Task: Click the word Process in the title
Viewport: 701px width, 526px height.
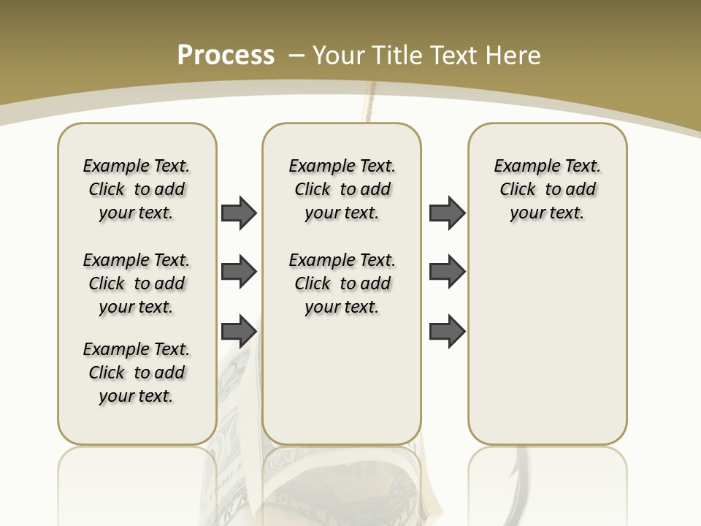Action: [226, 55]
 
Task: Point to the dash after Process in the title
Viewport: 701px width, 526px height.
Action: [296, 56]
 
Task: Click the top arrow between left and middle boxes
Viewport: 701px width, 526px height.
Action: [239, 213]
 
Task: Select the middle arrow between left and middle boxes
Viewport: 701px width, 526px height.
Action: [239, 272]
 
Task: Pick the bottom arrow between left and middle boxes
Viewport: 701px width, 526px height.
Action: [239, 331]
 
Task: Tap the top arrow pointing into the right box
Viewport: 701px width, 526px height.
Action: [447, 213]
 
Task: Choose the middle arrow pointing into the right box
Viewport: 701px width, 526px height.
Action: [447, 272]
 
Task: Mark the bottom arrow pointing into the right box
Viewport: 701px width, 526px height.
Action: [447, 331]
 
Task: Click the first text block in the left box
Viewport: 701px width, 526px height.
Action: [137, 189]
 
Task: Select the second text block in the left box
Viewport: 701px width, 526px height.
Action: [137, 283]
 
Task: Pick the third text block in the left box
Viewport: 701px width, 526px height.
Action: [137, 373]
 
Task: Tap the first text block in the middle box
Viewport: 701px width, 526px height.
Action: [342, 189]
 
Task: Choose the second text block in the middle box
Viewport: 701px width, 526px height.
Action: [342, 283]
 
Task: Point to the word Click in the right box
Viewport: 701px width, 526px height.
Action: [518, 190]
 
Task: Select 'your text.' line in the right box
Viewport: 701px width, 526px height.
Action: [547, 213]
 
